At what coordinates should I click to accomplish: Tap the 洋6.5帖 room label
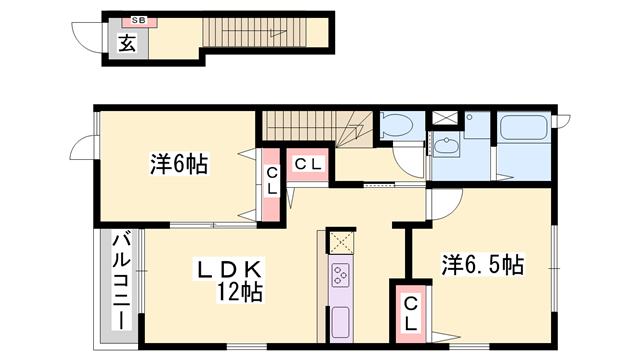click(x=483, y=265)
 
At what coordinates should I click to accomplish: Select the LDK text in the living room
click(x=228, y=270)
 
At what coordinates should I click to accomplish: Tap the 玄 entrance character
click(x=128, y=43)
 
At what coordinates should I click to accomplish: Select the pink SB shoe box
click(x=135, y=21)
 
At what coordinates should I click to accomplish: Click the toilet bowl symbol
click(x=396, y=128)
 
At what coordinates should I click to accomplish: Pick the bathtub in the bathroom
click(x=522, y=130)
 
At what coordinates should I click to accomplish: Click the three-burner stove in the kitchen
click(x=341, y=274)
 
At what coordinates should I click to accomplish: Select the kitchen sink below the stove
click(x=341, y=323)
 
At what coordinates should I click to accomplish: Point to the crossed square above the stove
click(x=341, y=241)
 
